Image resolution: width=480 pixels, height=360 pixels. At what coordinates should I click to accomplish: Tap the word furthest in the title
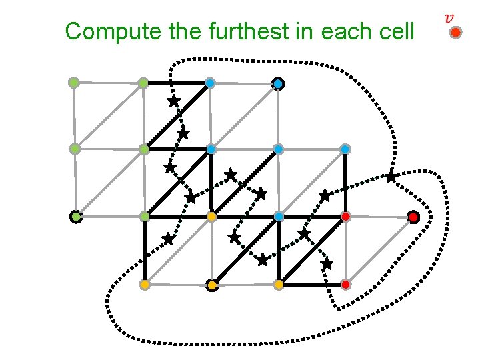[237, 31]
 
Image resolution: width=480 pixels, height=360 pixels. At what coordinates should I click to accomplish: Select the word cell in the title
[393, 31]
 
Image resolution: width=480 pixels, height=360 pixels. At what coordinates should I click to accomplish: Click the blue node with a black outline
[278, 83]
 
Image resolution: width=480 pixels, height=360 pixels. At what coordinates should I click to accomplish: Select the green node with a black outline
[76, 217]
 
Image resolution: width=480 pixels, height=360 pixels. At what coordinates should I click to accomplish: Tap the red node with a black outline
[413, 217]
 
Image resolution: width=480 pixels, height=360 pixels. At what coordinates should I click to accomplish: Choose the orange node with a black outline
[211, 285]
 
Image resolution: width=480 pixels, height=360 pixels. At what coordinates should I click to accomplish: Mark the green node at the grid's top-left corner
[74, 83]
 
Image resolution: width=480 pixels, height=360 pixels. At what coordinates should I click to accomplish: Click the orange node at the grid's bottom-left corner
[144, 285]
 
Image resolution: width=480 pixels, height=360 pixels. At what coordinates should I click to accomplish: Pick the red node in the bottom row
[345, 285]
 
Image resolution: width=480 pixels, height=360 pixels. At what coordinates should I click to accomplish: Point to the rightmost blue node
[345, 149]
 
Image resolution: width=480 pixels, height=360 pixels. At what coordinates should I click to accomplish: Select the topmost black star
[173, 101]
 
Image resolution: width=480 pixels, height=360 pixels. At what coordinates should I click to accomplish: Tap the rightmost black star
[391, 177]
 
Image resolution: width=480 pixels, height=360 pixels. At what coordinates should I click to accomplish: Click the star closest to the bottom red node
[326, 264]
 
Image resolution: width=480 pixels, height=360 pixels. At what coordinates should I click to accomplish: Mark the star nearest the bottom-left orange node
[168, 238]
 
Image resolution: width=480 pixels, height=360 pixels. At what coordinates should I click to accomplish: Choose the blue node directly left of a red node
[279, 217]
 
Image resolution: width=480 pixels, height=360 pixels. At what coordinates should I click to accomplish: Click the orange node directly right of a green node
[211, 217]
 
